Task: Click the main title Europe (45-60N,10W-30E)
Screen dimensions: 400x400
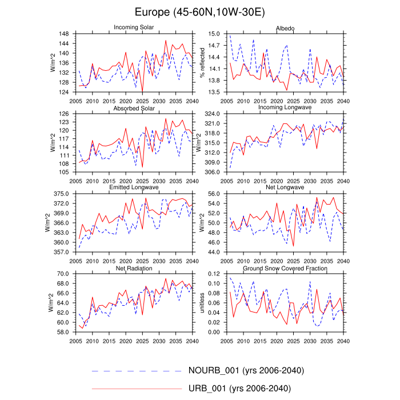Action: pos(199,12)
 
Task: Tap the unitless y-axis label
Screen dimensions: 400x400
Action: pos(202,303)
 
